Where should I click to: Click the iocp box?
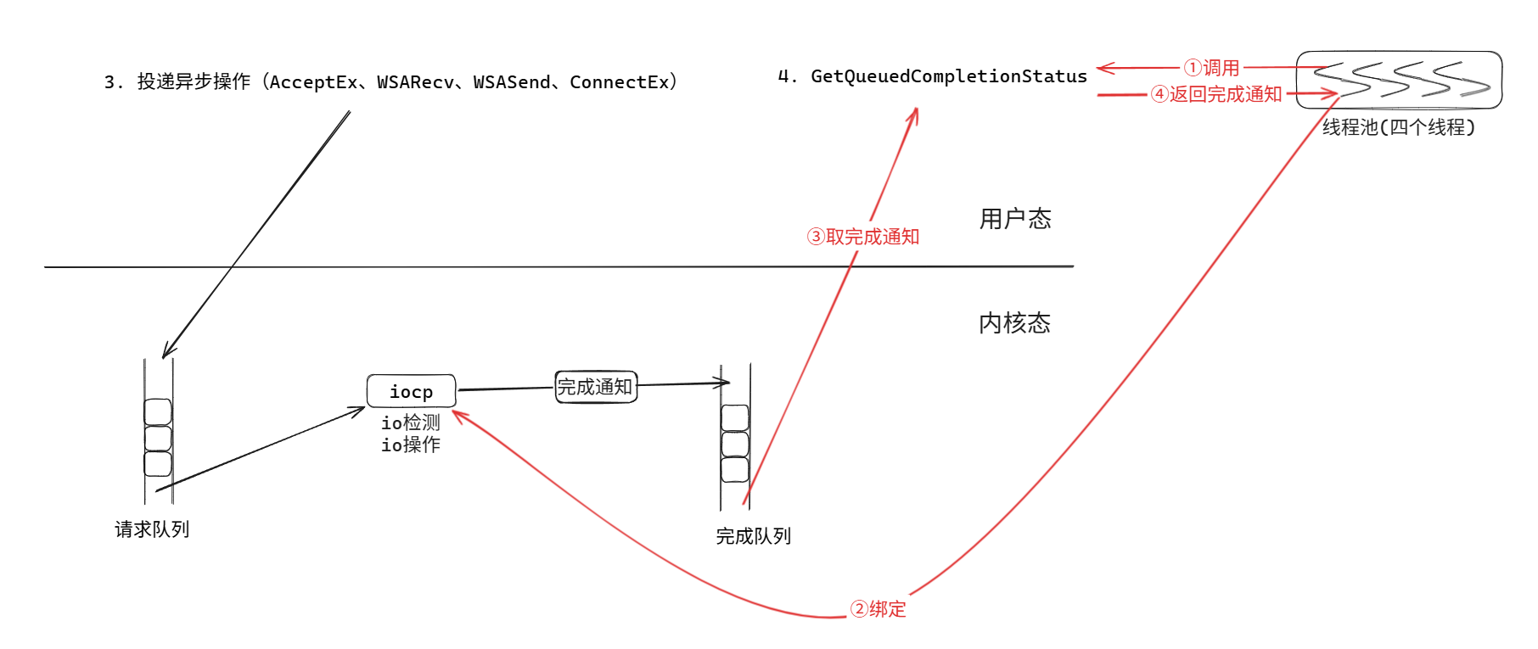coord(411,391)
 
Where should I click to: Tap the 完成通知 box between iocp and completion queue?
coord(595,387)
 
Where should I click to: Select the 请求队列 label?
coord(152,529)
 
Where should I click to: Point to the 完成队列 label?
coord(753,536)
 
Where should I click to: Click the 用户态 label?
coord(1015,219)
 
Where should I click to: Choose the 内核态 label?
coord(1014,323)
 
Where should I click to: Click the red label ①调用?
coord(1212,68)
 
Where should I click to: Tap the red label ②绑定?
coord(878,609)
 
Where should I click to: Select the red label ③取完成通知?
coord(863,237)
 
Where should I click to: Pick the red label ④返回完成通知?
coord(1216,94)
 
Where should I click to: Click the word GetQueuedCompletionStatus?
coord(949,76)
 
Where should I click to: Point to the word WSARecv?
coord(416,82)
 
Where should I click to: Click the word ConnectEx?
coord(620,82)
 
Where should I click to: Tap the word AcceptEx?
coord(314,82)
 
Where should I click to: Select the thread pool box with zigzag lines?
coord(1399,80)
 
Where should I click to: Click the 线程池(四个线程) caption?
coord(1399,127)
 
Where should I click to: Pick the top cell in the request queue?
coord(158,411)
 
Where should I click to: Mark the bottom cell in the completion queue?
coord(735,469)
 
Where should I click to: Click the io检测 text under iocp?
coord(411,422)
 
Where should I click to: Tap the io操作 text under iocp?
coord(411,445)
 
